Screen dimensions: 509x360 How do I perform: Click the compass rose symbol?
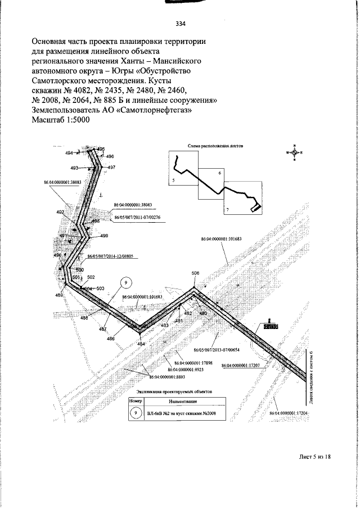(294, 152)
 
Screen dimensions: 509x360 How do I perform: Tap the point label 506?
(196, 273)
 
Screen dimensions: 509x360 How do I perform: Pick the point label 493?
(75, 168)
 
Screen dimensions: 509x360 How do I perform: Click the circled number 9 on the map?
(127, 282)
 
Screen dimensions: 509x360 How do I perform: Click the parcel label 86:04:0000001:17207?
(241, 366)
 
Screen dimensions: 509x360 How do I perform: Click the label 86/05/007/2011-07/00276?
(137, 217)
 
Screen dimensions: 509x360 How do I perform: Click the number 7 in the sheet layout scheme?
(227, 209)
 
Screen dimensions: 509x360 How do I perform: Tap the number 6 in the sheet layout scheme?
(220, 173)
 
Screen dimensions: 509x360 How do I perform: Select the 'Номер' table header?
(137, 402)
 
